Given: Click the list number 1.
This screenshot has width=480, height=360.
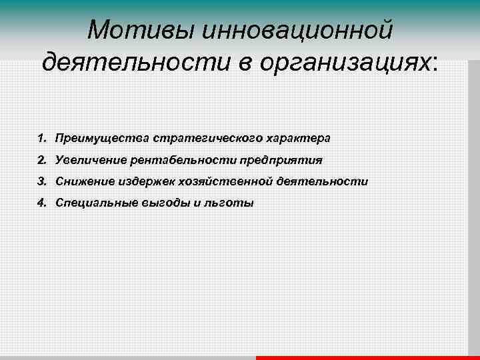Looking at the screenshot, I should tap(42, 139).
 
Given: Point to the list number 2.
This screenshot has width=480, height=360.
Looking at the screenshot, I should tap(42, 160).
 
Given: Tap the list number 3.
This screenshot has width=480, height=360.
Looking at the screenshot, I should tap(42, 181).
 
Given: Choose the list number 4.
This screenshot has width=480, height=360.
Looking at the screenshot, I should tap(42, 203).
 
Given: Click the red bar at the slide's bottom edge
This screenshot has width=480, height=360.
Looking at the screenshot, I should tap(367, 357).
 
